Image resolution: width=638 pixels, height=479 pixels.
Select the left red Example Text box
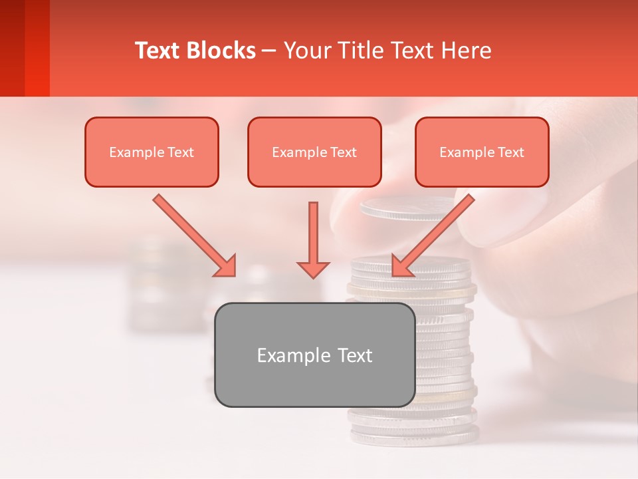152,152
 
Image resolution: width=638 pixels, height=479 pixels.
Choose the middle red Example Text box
314,152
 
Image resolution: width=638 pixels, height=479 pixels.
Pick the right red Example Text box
482,152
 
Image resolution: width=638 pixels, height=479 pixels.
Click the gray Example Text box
314,355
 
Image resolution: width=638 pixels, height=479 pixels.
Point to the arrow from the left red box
193,234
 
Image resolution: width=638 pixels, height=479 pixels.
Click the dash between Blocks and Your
269,51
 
